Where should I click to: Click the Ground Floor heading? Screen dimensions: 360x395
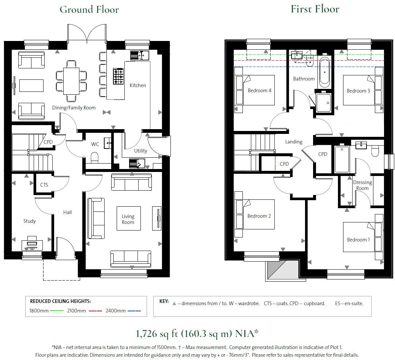coord(89,10)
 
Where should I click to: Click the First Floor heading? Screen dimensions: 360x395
coord(315,9)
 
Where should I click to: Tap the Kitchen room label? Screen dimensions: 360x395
coord(138,85)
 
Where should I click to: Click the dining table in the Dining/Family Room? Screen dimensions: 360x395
coord(71,80)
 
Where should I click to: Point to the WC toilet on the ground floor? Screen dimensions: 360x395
coord(95,158)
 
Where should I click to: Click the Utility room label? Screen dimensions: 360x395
coord(140,151)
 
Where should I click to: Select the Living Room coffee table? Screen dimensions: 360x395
coord(128,218)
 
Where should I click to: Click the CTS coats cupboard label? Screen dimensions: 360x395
coord(44,185)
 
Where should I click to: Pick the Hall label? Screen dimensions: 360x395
coord(67,212)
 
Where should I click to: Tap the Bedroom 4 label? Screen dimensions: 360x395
coord(259,90)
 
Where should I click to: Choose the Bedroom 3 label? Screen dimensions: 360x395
coord(358,91)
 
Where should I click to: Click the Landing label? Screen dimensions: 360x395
coord(294,142)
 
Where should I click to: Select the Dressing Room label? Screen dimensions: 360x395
coord(362,185)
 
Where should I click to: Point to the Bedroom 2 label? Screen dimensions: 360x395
coord(259,216)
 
